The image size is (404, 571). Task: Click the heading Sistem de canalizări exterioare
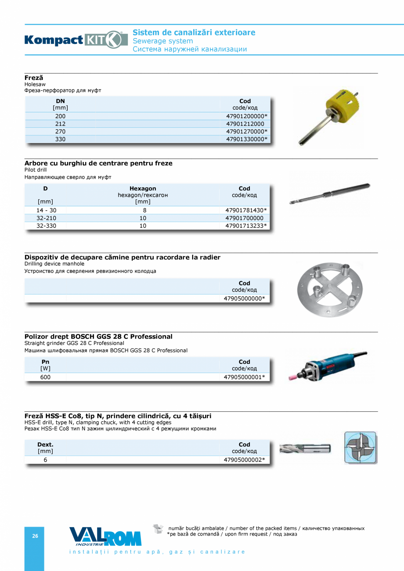194,32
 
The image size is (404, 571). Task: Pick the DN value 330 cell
60,139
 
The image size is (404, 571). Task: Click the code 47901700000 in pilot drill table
244,218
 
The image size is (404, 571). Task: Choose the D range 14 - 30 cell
46,210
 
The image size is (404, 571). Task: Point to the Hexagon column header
143,189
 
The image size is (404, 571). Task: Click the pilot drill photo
329,194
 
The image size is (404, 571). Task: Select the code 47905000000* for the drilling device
244,298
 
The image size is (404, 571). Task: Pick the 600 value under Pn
45,377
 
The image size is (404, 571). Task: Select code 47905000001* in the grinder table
244,377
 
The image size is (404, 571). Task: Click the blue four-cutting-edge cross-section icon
361,447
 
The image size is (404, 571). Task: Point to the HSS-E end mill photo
305,448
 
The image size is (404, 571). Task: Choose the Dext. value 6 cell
45,460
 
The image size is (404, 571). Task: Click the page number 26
35,536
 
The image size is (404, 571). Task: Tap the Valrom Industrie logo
105,537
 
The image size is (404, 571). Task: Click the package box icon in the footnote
158,529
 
